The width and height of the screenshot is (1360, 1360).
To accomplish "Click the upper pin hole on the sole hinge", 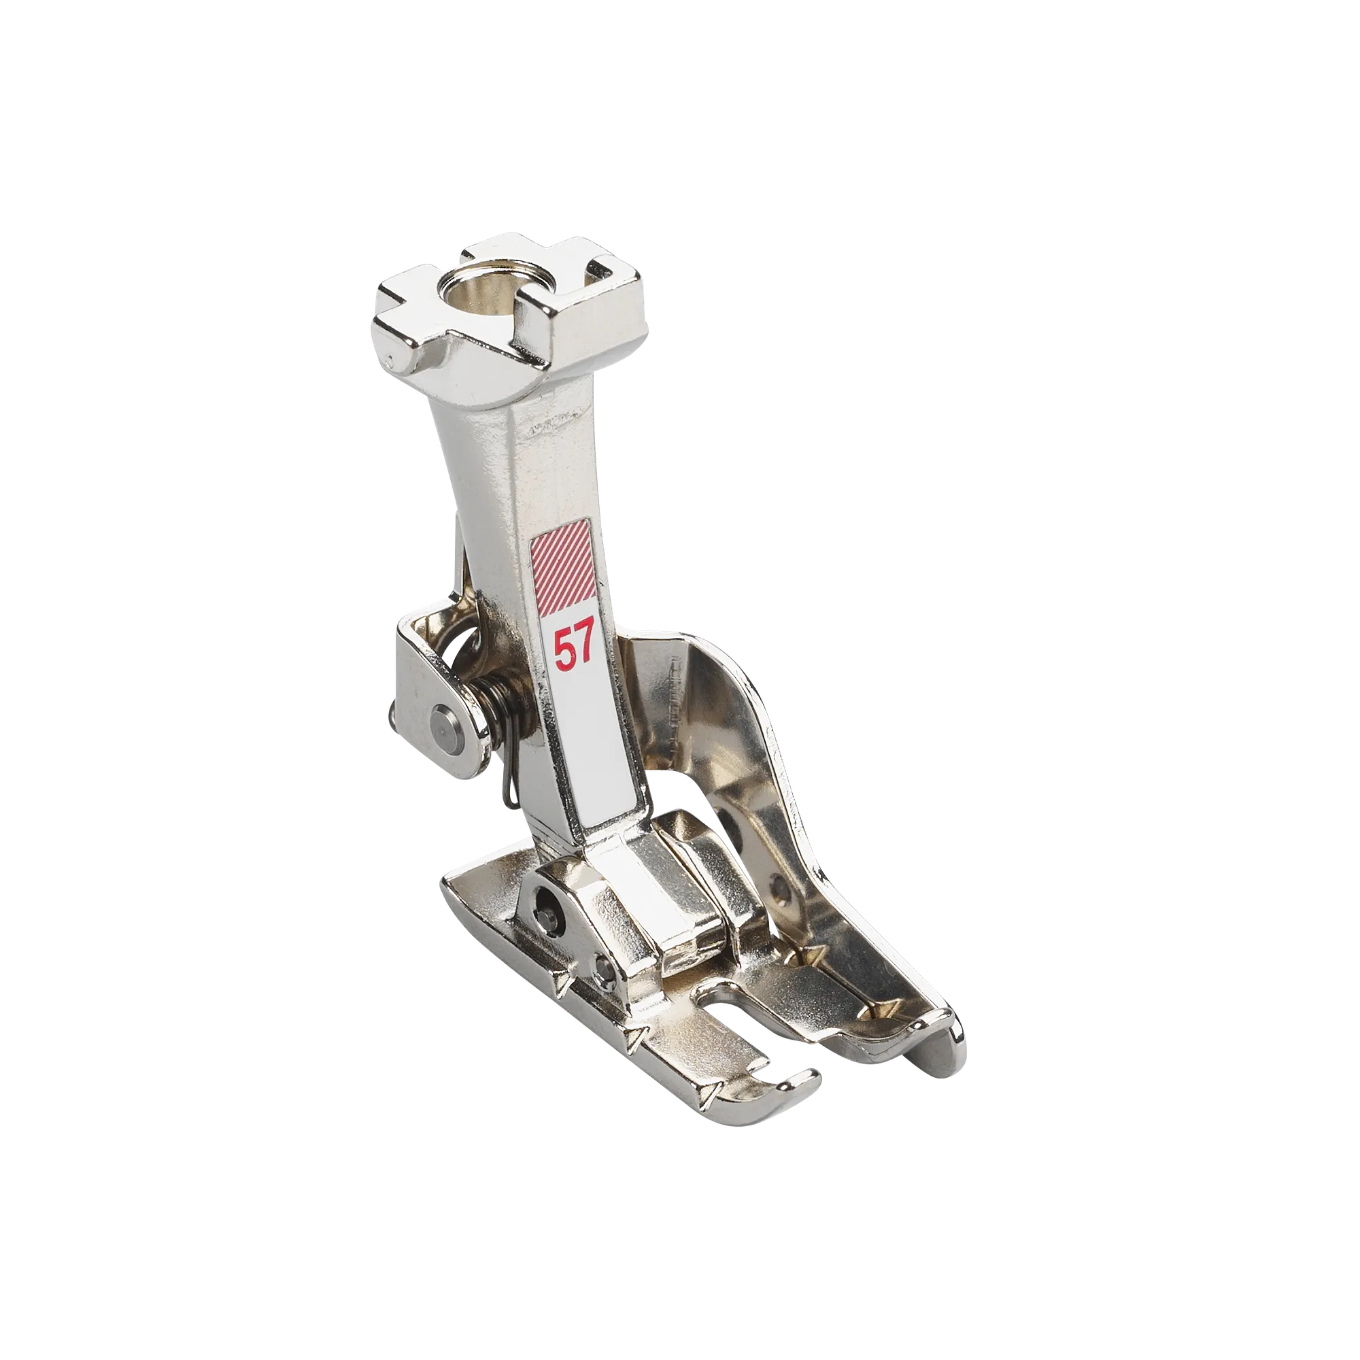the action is point(545,897).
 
